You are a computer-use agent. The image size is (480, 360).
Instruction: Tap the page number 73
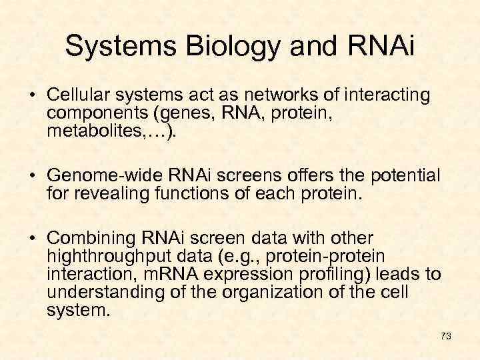pos(446,337)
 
